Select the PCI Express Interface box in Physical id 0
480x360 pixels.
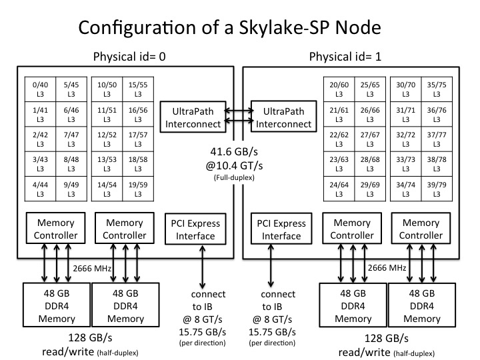click(x=196, y=228)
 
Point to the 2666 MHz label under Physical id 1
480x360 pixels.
click(x=386, y=268)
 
